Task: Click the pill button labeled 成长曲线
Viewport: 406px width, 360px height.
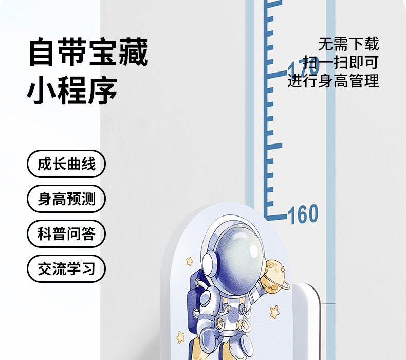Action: click(66, 165)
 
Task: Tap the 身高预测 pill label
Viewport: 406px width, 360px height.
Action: click(66, 199)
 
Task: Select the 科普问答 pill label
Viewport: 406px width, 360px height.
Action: click(66, 233)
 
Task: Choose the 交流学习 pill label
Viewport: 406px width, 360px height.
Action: click(66, 268)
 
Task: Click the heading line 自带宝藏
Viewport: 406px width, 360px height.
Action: click(88, 52)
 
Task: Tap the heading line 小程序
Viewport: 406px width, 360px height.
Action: click(72, 91)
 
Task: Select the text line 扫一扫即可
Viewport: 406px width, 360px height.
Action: click(340, 62)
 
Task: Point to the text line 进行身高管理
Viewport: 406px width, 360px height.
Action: click(333, 81)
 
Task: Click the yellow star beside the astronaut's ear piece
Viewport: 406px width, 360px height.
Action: click(190, 261)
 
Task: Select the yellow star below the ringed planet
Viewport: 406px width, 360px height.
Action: click(274, 311)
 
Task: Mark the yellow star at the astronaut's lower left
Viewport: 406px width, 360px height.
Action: click(180, 337)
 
